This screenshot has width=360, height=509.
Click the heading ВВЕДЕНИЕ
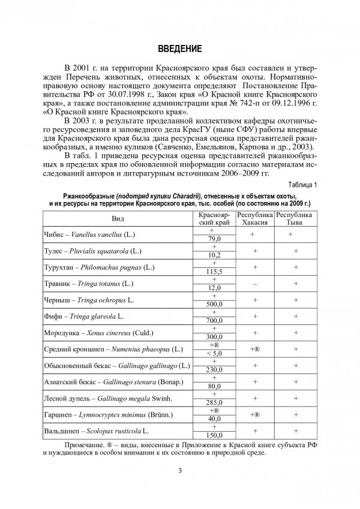click(x=179, y=47)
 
